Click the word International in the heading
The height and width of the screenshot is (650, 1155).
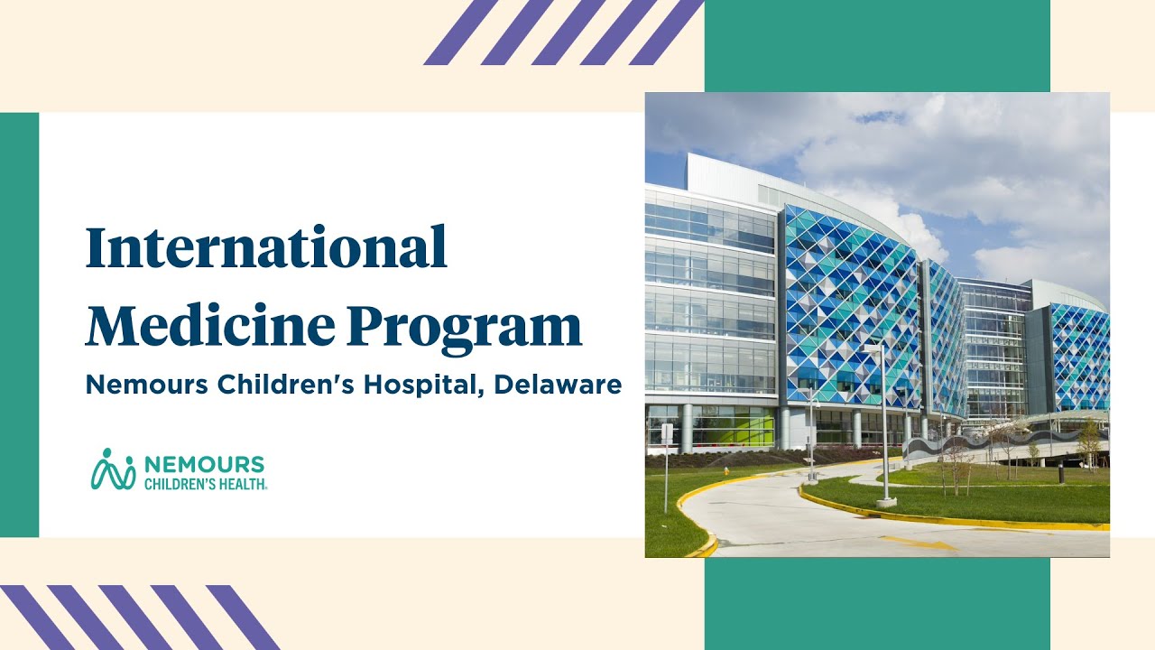coord(266,247)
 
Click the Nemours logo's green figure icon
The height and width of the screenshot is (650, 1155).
coord(112,469)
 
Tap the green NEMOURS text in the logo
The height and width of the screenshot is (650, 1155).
coord(204,464)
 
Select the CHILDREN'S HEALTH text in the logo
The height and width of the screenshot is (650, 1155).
coord(206,483)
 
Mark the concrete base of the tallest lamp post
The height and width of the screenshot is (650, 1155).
coord(886,500)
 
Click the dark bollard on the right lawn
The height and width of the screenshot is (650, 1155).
coord(1061,474)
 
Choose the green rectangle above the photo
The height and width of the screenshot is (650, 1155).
coord(876,45)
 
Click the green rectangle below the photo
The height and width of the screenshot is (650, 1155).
coord(876,603)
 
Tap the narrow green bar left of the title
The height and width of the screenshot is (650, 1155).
coord(19,325)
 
